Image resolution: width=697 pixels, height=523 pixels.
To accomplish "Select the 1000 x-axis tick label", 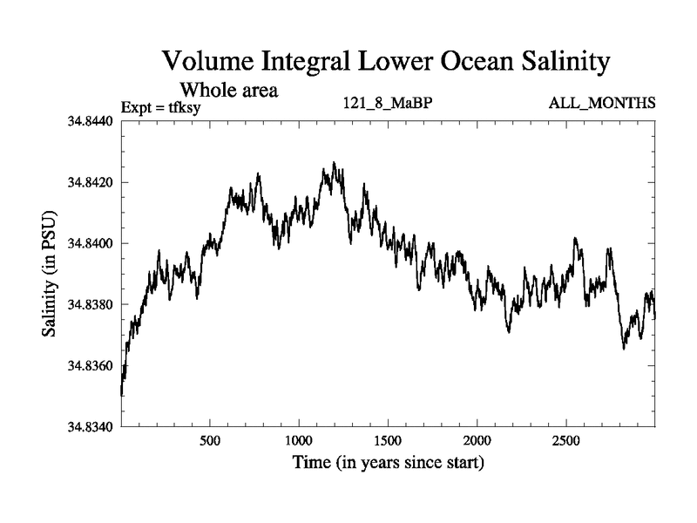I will (x=299, y=441).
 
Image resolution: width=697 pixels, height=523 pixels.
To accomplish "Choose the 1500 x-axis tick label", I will (x=389, y=441).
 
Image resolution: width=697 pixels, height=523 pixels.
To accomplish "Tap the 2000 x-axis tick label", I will (x=477, y=441).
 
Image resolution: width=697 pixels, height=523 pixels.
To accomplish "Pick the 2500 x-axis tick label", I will (x=566, y=441).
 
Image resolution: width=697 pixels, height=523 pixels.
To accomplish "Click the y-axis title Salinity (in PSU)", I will (x=50, y=275).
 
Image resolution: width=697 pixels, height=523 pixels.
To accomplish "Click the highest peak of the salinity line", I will (x=334, y=163).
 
